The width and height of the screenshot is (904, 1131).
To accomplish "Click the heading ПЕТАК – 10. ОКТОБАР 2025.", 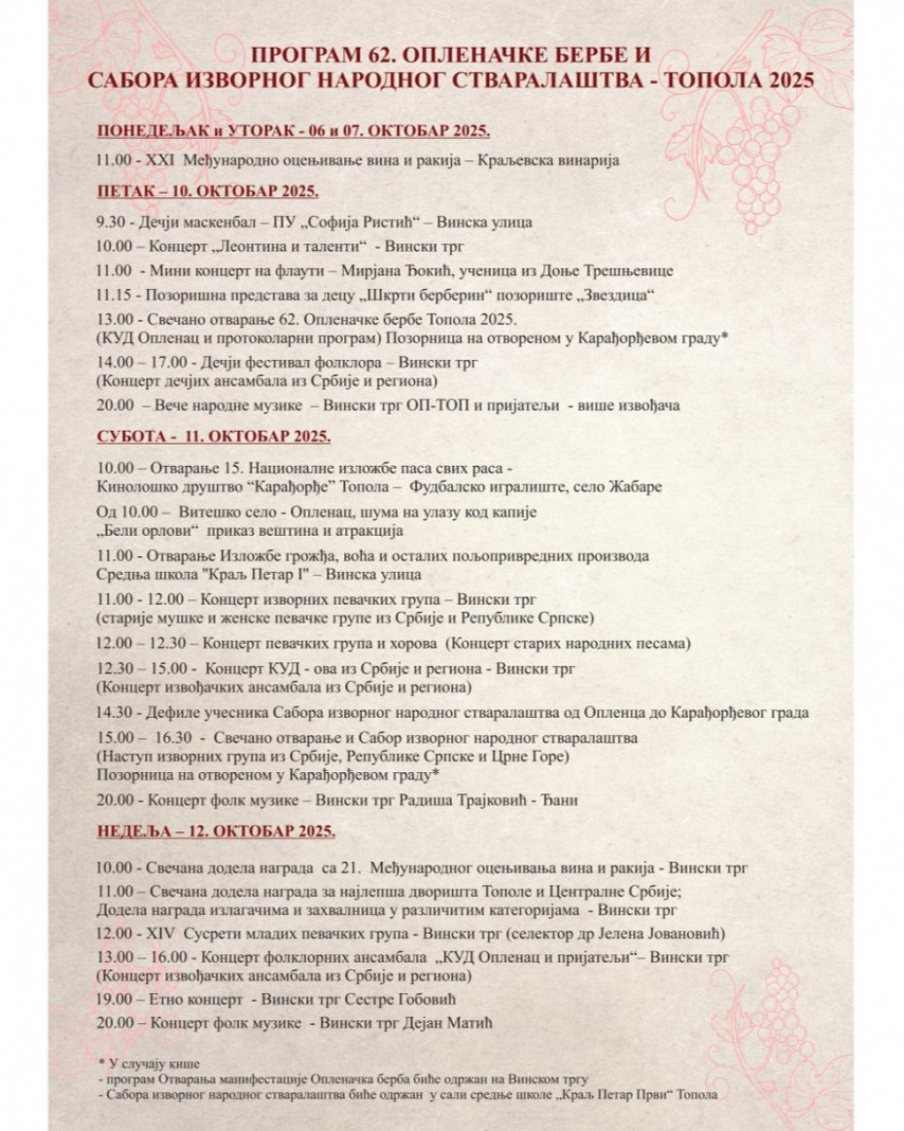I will point(207,191).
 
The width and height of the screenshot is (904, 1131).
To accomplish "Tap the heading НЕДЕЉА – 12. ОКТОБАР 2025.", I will point(216,831).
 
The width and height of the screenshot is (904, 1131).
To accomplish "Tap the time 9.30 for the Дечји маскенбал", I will point(110,223).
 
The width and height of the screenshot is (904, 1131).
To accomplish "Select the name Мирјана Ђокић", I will point(426,270).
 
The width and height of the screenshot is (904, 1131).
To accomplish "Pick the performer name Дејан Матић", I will point(450,1022).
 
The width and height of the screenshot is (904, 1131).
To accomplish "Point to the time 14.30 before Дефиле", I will point(113,713).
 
